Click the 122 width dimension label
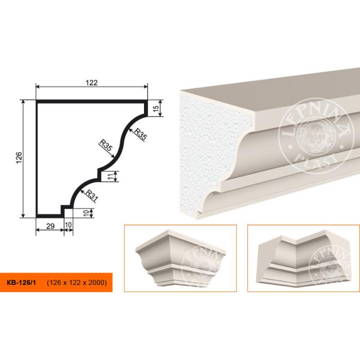click(92, 82)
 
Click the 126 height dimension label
click(19, 157)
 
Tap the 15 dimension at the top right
click(156, 109)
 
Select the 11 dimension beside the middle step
click(111, 176)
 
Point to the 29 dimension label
click(50, 226)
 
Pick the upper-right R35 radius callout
click(140, 134)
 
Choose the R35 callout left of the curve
click(105, 146)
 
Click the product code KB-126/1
click(22, 282)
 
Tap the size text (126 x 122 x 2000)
click(77, 282)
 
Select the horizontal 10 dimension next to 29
click(68, 225)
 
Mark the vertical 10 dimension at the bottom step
click(86, 213)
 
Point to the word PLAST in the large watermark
click(317, 160)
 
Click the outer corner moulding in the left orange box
click(181, 258)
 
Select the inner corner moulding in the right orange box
click(303, 259)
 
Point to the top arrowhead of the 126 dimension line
click(23, 102)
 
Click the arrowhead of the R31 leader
click(81, 191)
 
